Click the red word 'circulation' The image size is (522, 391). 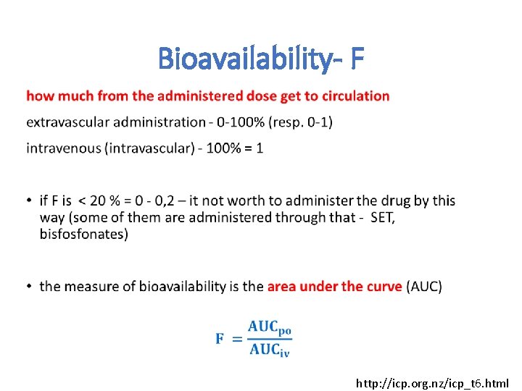[x=356, y=96]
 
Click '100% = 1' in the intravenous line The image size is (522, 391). [x=235, y=148]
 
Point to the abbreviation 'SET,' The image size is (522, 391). [x=382, y=217]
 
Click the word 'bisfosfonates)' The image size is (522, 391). [x=83, y=234]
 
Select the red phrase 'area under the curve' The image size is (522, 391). [x=334, y=287]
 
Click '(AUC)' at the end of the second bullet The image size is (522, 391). [x=424, y=287]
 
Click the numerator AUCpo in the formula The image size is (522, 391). [x=269, y=328]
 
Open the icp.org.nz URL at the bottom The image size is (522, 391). [x=432, y=383]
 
